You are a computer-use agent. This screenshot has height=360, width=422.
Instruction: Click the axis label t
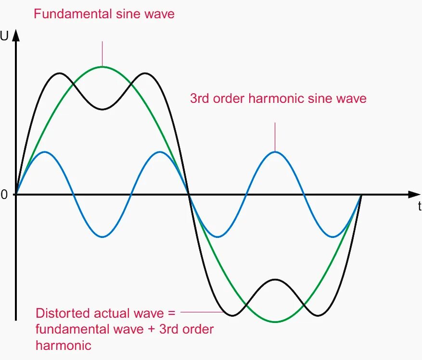click(419, 207)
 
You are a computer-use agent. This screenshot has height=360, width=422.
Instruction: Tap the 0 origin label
click(4, 195)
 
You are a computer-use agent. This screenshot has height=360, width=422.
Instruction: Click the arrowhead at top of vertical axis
click(16, 35)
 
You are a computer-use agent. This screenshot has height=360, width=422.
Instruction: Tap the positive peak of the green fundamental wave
click(102, 67)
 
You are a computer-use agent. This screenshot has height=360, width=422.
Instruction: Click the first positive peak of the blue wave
click(44, 152)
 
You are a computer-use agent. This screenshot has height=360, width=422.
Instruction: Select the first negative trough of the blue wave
click(102, 237)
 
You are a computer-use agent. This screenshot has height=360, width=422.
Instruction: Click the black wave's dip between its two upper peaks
click(102, 109)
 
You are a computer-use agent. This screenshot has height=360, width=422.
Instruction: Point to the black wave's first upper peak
click(59, 74)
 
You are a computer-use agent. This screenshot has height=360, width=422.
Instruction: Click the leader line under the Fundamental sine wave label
click(102, 53)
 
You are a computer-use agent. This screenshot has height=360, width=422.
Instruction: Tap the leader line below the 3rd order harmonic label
click(275, 137)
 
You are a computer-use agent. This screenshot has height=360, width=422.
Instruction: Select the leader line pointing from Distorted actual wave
click(202, 312)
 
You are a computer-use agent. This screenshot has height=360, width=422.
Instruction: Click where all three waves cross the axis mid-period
click(189, 195)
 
